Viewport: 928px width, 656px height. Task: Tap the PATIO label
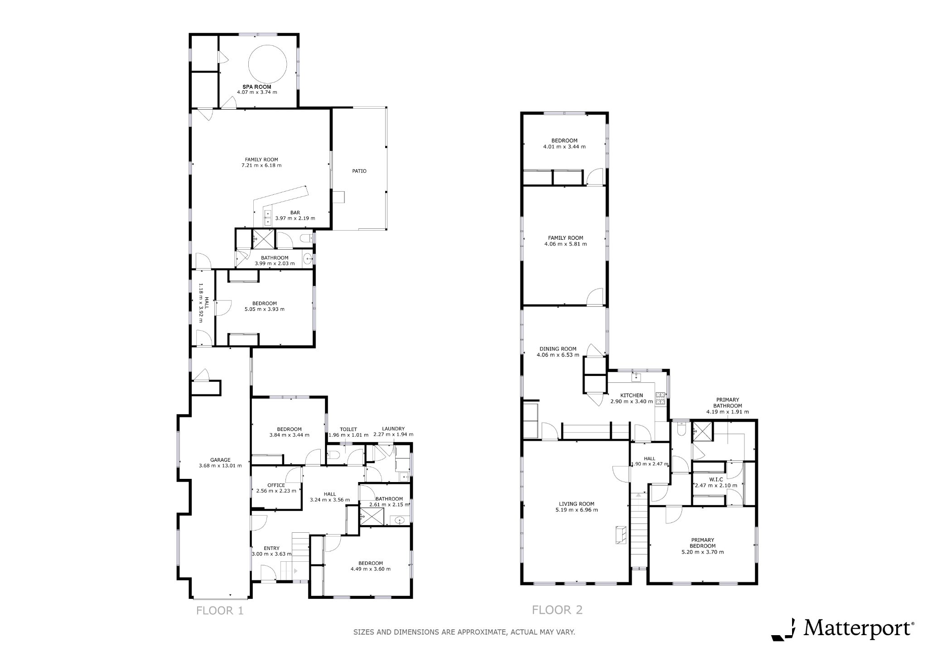pyautogui.click(x=359, y=171)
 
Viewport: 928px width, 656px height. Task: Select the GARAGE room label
pyautogui.click(x=220, y=460)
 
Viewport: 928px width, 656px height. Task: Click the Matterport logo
pyautogui.click(x=842, y=629)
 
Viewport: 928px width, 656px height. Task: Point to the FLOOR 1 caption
pyautogui.click(x=220, y=611)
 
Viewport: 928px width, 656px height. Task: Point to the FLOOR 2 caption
pyautogui.click(x=557, y=610)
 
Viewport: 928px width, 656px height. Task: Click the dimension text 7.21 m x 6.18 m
pyautogui.click(x=261, y=165)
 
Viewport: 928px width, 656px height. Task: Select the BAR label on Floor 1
pyautogui.click(x=295, y=212)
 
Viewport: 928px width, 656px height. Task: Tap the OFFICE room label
pyautogui.click(x=276, y=485)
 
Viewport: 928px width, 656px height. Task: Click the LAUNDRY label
pyautogui.click(x=393, y=429)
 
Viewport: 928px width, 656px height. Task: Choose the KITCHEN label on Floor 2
pyautogui.click(x=632, y=396)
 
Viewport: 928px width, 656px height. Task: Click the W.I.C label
pyautogui.click(x=715, y=479)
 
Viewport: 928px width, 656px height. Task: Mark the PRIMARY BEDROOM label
pyautogui.click(x=703, y=543)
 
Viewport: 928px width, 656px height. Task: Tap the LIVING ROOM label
pyautogui.click(x=576, y=504)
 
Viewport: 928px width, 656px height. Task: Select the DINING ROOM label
pyautogui.click(x=558, y=349)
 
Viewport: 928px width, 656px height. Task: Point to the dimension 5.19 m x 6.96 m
pyautogui.click(x=576, y=510)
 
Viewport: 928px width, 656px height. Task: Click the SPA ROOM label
pyautogui.click(x=257, y=87)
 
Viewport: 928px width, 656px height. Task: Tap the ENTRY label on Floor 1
pyautogui.click(x=271, y=548)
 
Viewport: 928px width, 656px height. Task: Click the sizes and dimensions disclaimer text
pyautogui.click(x=464, y=632)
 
